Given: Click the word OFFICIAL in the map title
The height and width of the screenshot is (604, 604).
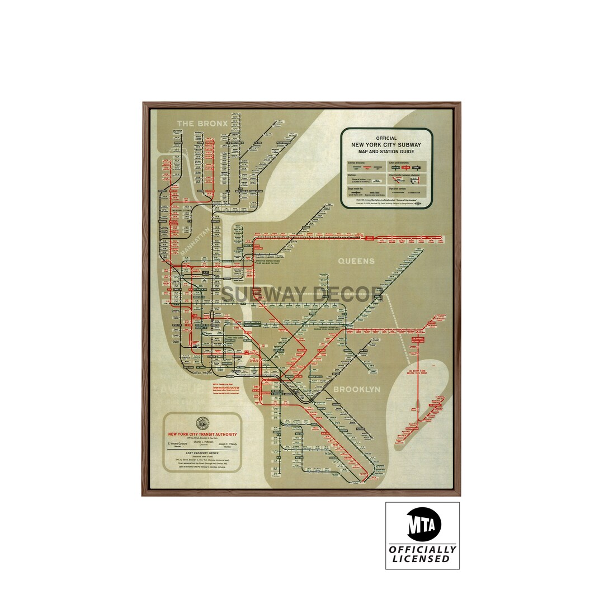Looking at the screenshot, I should pyautogui.click(x=386, y=138).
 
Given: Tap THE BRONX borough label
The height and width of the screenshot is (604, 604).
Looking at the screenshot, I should pyautogui.click(x=202, y=124).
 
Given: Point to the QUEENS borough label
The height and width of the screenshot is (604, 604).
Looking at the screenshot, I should pyautogui.click(x=356, y=261).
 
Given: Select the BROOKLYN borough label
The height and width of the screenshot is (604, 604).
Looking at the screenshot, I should pyautogui.click(x=357, y=389).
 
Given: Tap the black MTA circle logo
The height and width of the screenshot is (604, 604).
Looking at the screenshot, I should pyautogui.click(x=423, y=524).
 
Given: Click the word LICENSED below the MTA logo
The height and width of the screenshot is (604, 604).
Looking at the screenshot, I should pyautogui.click(x=421, y=559).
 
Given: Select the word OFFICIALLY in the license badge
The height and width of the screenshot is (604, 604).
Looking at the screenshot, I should pyautogui.click(x=422, y=550).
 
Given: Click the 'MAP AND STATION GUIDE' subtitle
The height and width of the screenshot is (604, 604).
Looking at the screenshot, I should pyautogui.click(x=386, y=152).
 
